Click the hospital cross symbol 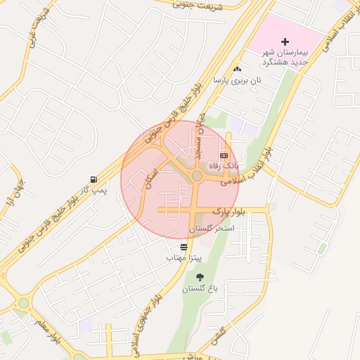point(285,41)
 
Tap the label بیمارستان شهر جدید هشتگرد point(285,58)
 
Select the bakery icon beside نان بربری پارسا point(237,69)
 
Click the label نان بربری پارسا point(238,80)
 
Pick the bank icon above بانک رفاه point(224,155)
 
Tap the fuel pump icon point(94,179)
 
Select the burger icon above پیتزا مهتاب point(184,247)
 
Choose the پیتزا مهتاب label point(184,258)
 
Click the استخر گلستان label point(210,229)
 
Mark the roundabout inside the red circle point(198,176)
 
